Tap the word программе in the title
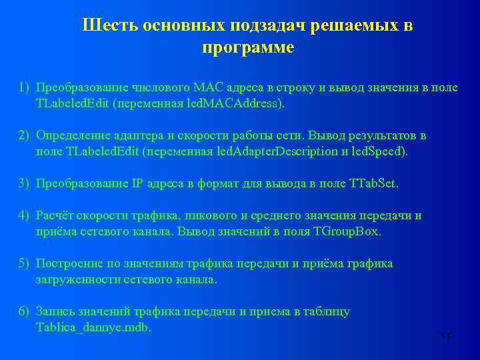(x=247, y=49)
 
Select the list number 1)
(x=24, y=87)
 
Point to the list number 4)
(x=24, y=215)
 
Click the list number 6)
(x=24, y=311)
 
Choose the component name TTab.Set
(x=373, y=183)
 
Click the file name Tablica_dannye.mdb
(x=93, y=327)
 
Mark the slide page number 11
(x=445, y=337)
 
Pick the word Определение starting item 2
(x=71, y=135)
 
